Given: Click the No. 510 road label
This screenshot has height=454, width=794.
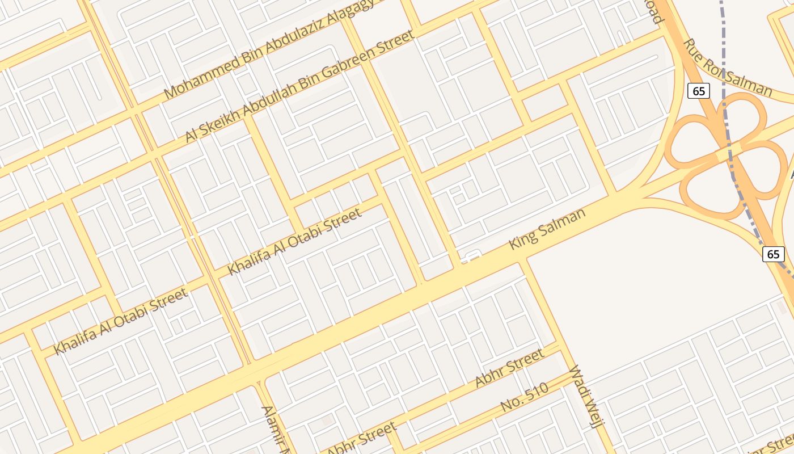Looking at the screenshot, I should (525, 397).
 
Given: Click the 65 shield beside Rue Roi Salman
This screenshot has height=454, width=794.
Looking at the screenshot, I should (699, 90).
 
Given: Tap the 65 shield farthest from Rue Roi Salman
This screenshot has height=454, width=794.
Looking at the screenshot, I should (774, 254).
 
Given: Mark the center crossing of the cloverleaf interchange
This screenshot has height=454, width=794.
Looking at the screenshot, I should (729, 152).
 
